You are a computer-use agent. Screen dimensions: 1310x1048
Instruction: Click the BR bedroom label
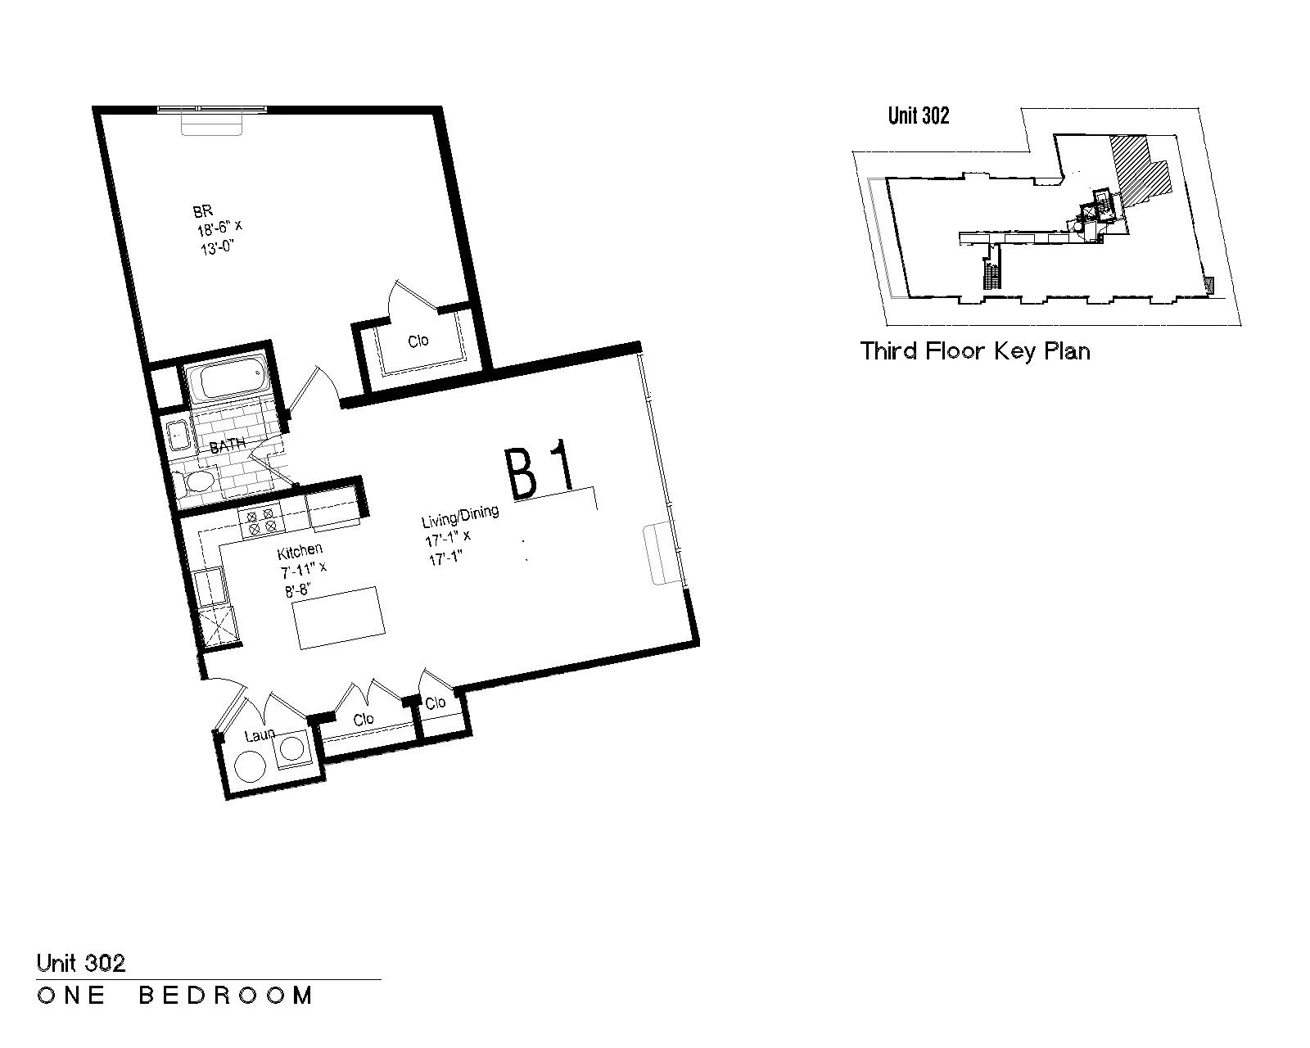(x=203, y=210)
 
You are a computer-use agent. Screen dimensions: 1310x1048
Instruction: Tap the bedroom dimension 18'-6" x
(x=219, y=229)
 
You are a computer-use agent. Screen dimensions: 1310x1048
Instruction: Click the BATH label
(x=228, y=445)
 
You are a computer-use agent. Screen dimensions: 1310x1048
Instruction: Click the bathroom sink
(x=178, y=435)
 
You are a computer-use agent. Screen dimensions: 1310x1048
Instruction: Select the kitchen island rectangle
(x=339, y=617)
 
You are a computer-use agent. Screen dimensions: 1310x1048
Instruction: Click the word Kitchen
(x=300, y=551)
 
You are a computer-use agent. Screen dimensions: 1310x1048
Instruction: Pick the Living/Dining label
(x=460, y=516)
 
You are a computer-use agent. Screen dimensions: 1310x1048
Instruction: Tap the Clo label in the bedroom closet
(x=418, y=341)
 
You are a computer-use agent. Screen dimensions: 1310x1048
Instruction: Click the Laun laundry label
(x=260, y=735)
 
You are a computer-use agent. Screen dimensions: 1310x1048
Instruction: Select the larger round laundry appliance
(x=251, y=766)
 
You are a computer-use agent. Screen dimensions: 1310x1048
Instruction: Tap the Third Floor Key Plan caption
(x=975, y=351)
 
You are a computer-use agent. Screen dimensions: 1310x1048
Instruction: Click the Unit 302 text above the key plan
(x=919, y=115)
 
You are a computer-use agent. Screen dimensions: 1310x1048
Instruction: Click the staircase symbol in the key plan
(x=992, y=274)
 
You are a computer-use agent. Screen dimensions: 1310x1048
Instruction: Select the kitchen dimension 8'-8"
(x=298, y=590)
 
